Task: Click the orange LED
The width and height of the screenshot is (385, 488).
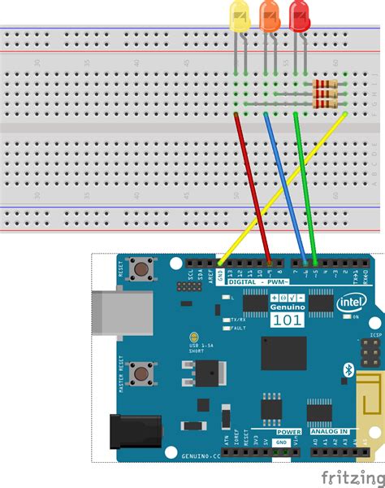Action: point(269,17)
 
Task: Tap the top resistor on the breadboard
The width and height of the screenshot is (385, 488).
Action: point(325,85)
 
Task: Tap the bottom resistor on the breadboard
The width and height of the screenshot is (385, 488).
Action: point(325,103)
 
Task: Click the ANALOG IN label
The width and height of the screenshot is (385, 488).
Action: point(331,433)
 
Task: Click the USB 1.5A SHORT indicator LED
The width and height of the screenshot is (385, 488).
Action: point(193,338)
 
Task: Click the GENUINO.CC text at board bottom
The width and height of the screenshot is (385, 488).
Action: point(201,458)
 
